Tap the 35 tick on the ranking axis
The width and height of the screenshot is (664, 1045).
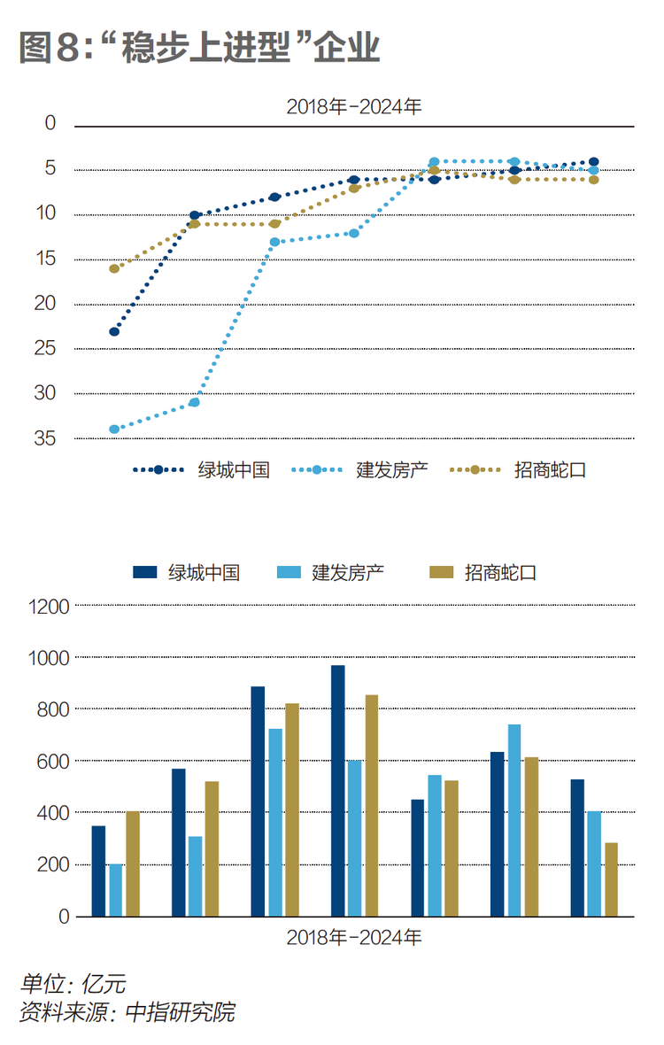click(45, 437)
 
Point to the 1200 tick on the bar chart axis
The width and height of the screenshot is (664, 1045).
click(49, 607)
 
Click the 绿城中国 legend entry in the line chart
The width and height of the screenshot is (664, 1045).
click(201, 470)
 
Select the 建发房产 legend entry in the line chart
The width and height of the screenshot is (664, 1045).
click(359, 470)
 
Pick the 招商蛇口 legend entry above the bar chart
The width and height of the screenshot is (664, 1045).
click(483, 572)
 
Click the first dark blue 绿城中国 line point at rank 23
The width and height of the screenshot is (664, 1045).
click(114, 331)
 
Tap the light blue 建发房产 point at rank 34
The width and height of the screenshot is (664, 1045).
click(114, 430)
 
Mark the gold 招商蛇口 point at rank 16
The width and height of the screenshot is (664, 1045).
click(114, 268)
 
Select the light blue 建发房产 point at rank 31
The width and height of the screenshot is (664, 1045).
click(195, 403)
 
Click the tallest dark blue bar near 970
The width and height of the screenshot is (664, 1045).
click(337, 791)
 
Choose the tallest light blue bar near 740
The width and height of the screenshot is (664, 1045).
click(514, 820)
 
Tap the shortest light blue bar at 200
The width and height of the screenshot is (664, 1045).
click(116, 890)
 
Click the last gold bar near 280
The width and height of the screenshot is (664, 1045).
click(612, 879)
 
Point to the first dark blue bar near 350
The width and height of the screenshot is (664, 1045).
click(98, 871)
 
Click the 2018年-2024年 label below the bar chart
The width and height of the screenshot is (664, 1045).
click(354, 937)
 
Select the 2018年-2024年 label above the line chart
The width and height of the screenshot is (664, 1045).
click(354, 106)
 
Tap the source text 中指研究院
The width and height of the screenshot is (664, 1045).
click(181, 1011)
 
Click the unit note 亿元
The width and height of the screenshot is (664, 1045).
click(104, 984)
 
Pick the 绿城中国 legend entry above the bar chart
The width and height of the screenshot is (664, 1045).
click(187, 572)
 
